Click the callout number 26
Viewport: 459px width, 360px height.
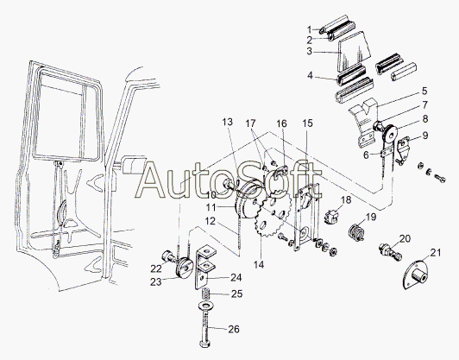coord(234,329)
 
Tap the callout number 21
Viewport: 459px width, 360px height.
coord(436,252)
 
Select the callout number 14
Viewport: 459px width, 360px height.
coord(259,264)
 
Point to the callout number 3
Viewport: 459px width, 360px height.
coord(310,51)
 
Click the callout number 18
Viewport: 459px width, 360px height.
coord(346,200)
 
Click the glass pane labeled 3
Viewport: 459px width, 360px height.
coord(354,52)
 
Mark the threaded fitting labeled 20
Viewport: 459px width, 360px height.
coord(390,252)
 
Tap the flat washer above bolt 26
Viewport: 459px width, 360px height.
coord(206,306)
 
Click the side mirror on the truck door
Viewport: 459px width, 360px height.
coord(132,166)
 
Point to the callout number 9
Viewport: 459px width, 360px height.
coord(425,136)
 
